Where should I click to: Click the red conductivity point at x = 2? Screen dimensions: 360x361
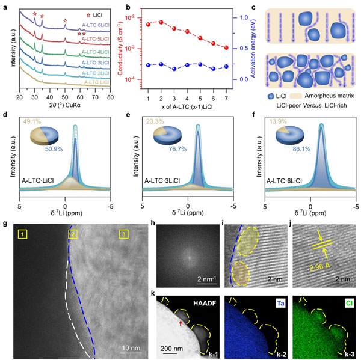click(x=161, y=22)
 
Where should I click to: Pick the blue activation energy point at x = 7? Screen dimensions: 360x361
click(x=226, y=66)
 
